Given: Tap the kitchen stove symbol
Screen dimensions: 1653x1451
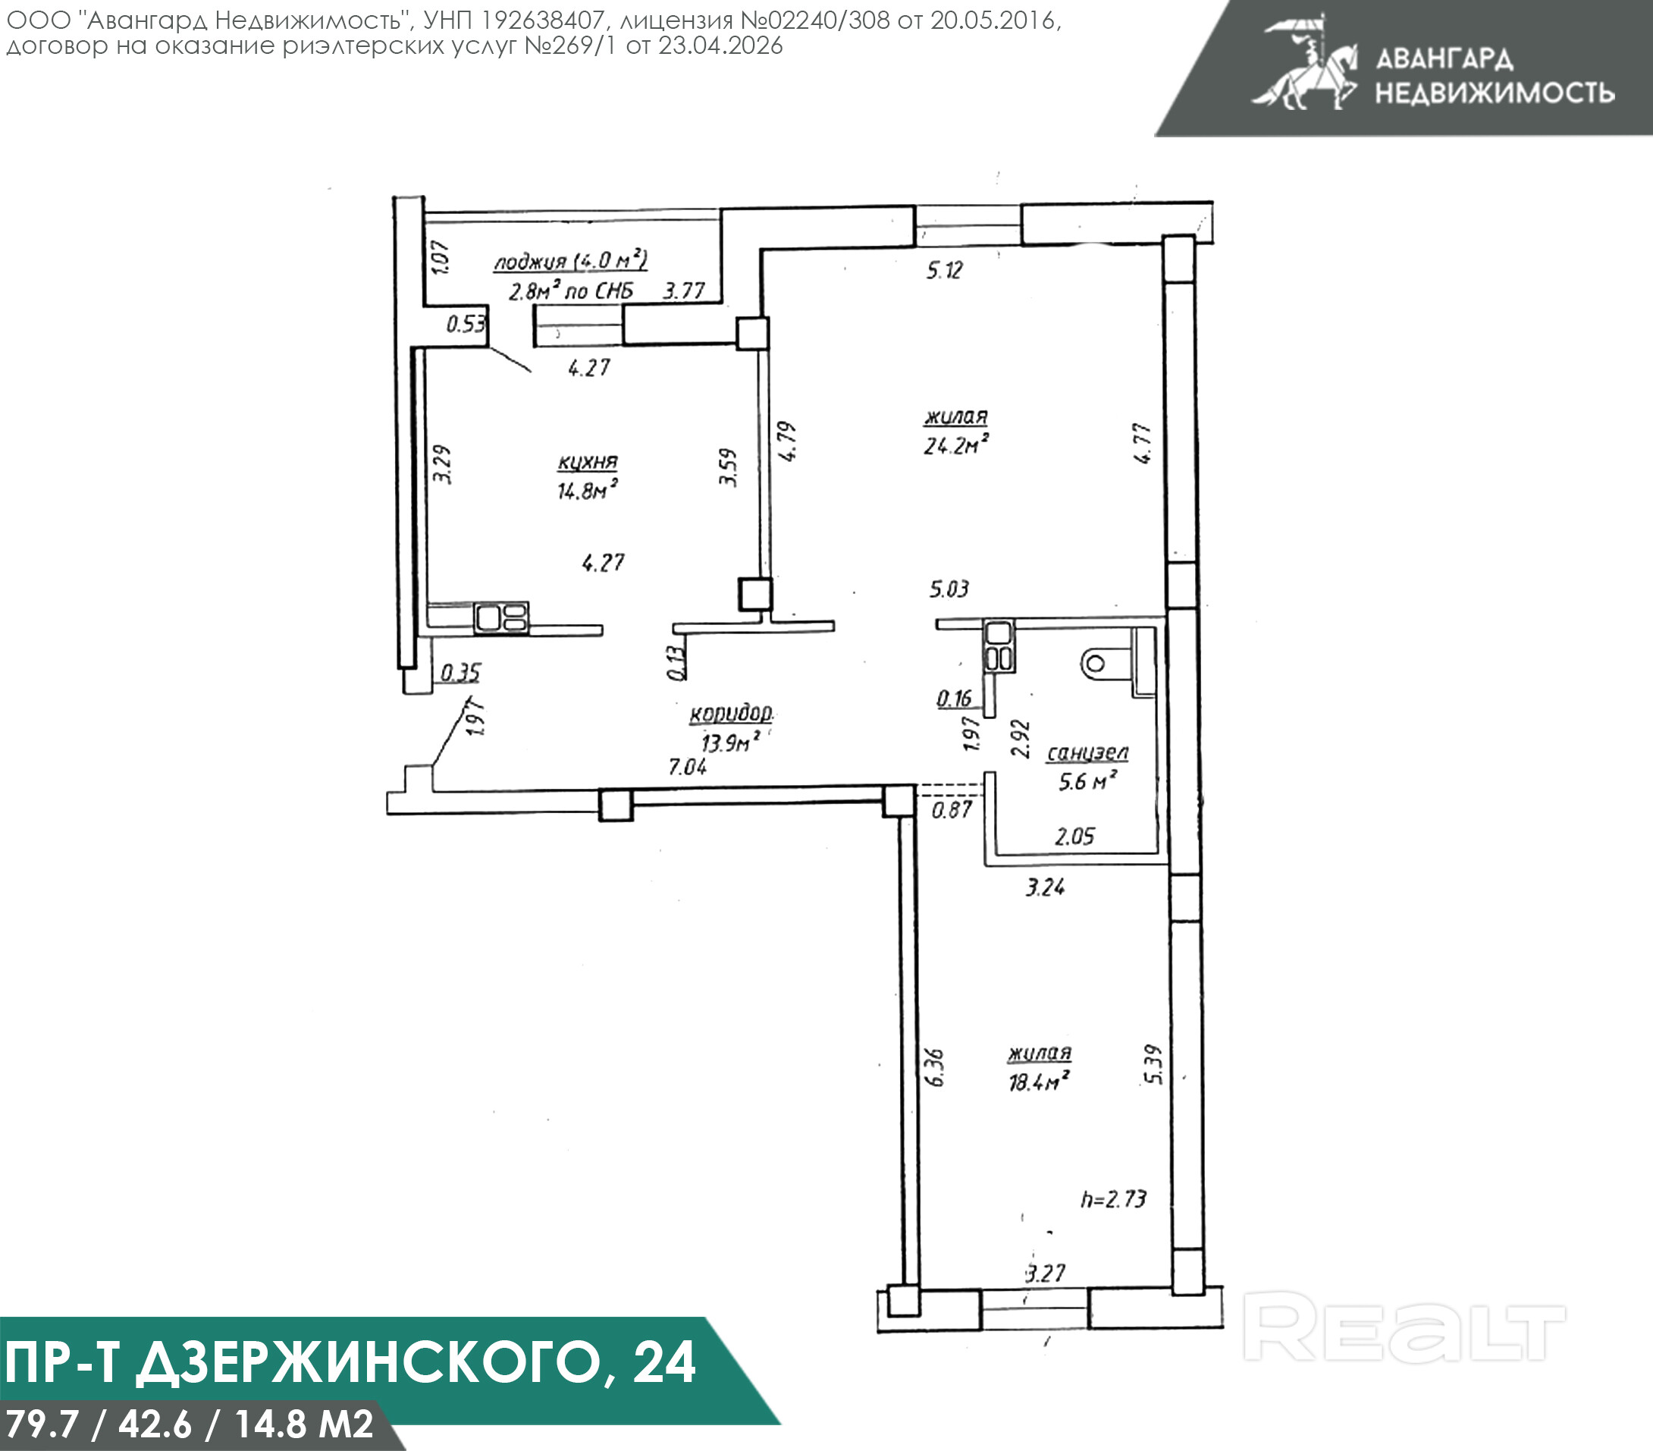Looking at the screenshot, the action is (x=501, y=617).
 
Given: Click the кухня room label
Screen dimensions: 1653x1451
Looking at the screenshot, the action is (x=588, y=462).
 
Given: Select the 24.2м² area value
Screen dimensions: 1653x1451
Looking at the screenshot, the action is (x=957, y=444).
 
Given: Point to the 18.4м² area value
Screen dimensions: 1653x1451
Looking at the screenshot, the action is (x=1039, y=1081).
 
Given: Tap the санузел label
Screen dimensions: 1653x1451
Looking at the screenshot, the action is (x=1087, y=753).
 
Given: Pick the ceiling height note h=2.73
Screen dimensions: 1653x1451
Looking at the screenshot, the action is (x=1114, y=1198).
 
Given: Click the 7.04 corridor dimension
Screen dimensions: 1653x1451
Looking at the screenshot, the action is (x=688, y=766).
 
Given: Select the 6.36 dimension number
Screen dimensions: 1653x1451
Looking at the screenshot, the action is (x=934, y=1068).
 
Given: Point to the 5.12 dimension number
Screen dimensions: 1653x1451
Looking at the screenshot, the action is (x=945, y=269).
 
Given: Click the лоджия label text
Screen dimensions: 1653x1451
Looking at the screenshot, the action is (x=530, y=262).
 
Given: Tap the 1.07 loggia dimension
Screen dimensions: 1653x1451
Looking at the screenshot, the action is (x=440, y=257).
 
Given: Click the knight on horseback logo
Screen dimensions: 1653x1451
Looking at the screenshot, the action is (x=1304, y=62).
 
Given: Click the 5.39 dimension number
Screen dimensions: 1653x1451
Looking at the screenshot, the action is (x=1154, y=1065).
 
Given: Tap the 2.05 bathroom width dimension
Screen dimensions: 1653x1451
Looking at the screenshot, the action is (x=1074, y=837).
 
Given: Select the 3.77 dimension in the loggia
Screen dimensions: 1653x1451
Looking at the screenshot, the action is (x=684, y=291).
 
